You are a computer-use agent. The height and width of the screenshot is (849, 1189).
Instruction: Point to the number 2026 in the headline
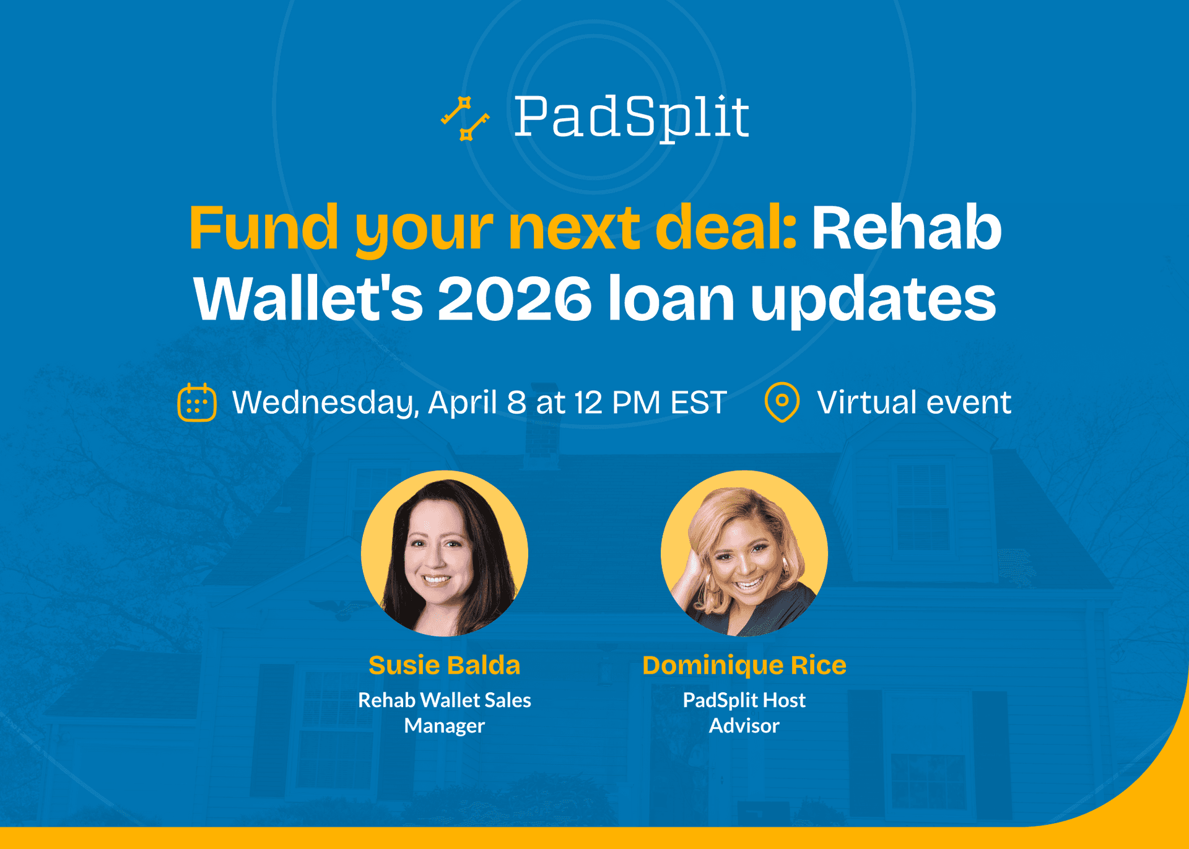tap(515, 298)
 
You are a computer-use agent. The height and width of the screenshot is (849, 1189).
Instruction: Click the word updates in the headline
tap(873, 298)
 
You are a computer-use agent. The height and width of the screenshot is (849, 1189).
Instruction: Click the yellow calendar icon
tap(197, 403)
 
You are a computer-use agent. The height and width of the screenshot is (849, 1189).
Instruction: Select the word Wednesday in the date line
tap(325, 403)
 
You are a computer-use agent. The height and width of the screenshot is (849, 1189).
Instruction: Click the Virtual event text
tap(913, 403)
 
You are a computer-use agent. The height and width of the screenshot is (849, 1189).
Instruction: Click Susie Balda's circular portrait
tap(444, 553)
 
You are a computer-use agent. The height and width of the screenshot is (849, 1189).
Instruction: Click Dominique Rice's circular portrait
tap(744, 553)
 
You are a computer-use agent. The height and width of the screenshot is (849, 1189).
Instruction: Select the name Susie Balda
tap(444, 665)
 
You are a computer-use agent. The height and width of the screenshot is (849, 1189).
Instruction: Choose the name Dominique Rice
tap(744, 665)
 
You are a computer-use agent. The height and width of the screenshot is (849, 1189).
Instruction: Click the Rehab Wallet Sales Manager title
tap(444, 712)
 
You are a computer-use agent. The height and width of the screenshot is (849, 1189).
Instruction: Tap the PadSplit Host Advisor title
tap(744, 712)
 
